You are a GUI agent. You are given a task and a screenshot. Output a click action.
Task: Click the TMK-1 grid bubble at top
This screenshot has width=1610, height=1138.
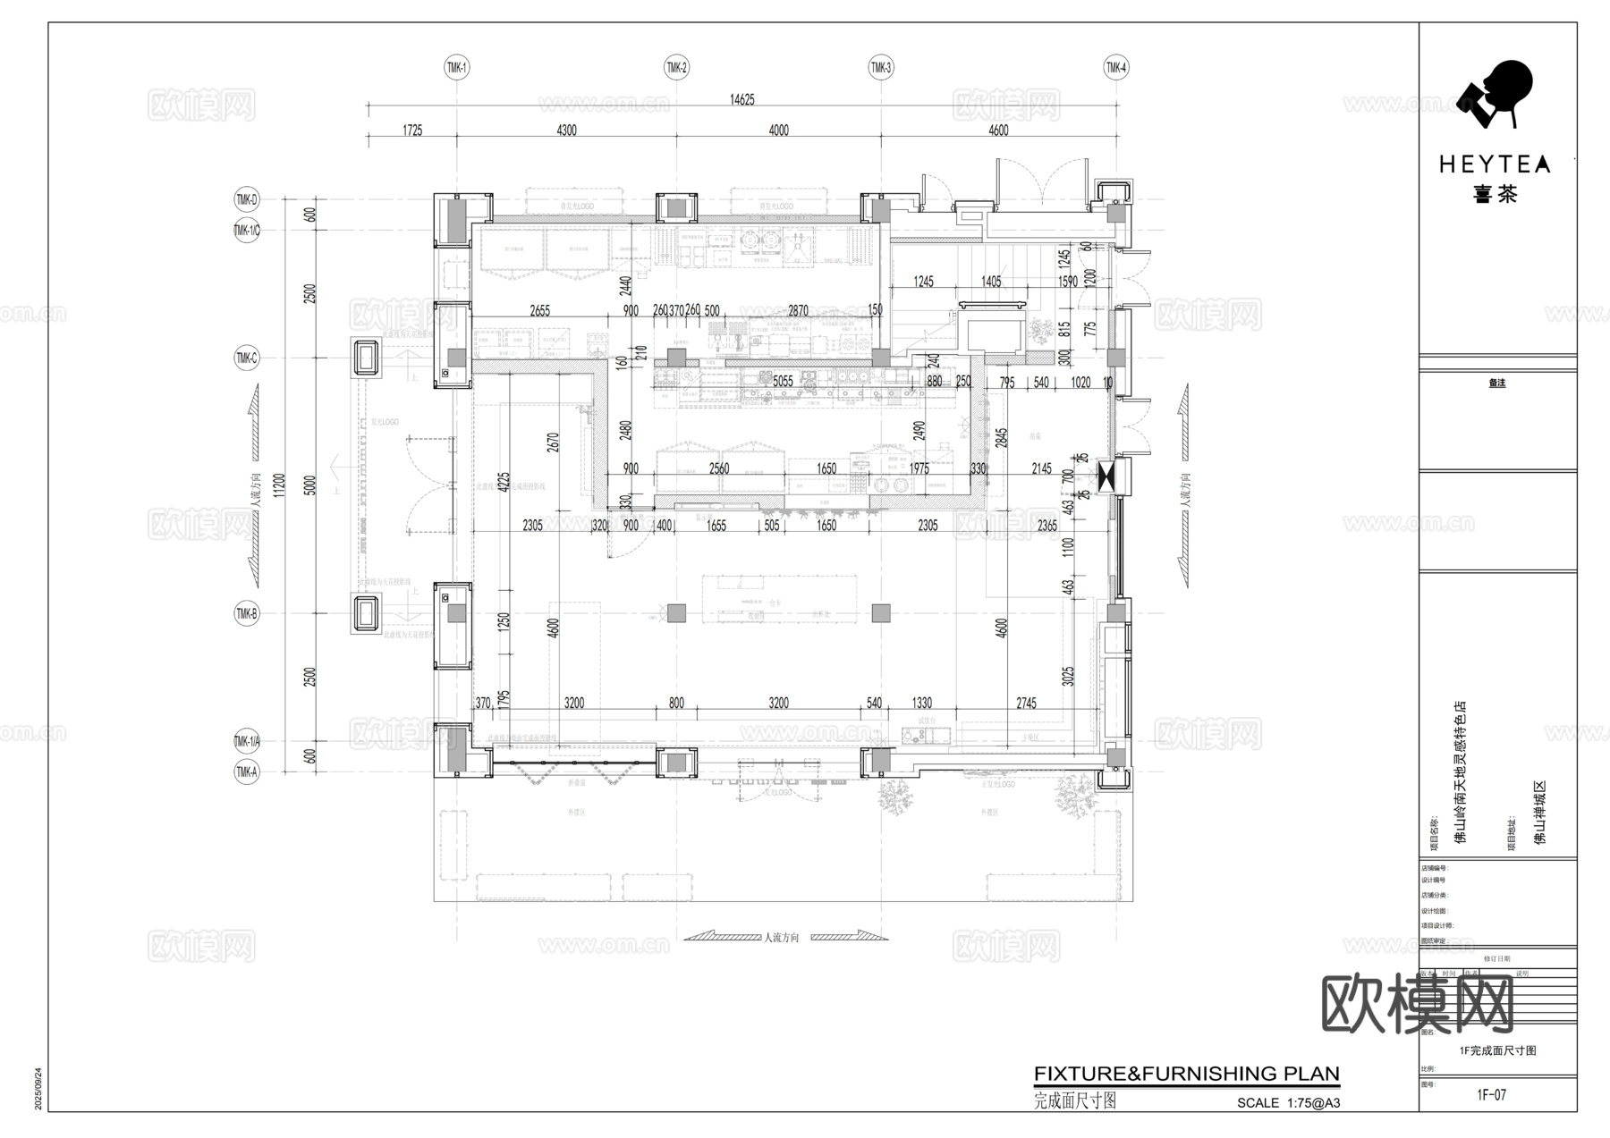(x=457, y=67)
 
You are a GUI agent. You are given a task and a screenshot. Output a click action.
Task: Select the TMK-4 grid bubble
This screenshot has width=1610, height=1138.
(x=1115, y=67)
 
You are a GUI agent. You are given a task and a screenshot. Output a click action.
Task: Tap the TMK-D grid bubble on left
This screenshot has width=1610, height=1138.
(x=246, y=199)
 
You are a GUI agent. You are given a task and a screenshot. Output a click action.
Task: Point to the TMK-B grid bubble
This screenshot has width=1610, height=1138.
(x=246, y=613)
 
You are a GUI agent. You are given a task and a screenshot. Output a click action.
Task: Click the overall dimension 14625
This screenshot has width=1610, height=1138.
(x=741, y=99)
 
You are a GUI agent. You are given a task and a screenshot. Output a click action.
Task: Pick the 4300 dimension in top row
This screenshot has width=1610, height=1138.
(x=566, y=131)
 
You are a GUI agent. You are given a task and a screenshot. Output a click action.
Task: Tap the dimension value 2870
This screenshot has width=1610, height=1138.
(x=798, y=310)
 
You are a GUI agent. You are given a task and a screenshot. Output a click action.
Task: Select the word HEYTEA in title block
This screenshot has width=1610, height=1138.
(x=1495, y=164)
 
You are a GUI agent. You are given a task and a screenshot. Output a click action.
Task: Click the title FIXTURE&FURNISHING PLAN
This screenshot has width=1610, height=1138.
(x=1186, y=1074)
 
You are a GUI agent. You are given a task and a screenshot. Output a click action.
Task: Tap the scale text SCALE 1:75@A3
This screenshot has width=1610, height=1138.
(x=1288, y=1103)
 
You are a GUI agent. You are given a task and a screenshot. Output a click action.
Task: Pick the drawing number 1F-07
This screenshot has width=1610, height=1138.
(x=1491, y=1095)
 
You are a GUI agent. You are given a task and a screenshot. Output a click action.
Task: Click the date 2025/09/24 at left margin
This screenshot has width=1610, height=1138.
(x=38, y=1088)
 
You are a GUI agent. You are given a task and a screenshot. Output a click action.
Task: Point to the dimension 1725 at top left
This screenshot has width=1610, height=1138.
(x=411, y=131)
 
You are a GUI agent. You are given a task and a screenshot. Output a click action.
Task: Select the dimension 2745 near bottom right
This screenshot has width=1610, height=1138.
(x=1026, y=704)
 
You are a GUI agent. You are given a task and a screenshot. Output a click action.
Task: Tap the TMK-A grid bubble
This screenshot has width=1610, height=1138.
(x=246, y=771)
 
